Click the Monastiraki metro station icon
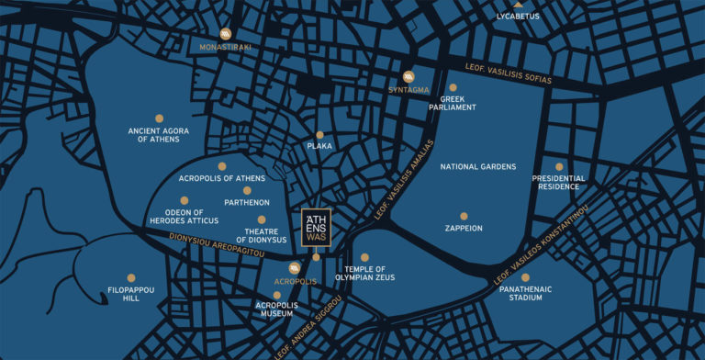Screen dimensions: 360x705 click(226, 34)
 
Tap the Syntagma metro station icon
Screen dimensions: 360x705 click(408, 77)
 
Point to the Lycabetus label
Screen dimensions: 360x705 click(518, 16)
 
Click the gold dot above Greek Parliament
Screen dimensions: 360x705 click(453, 87)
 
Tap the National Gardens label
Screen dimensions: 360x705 click(477, 167)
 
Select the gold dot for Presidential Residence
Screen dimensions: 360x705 click(559, 166)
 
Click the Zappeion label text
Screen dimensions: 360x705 click(464, 228)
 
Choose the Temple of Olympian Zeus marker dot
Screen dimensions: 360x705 click(364, 257)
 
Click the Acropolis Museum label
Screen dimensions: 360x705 click(277, 309)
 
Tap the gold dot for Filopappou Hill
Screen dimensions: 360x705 click(131, 277)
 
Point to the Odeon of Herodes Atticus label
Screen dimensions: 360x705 click(185, 216)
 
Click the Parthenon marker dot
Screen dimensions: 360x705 click(247, 190)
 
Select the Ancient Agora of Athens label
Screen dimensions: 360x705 click(159, 136)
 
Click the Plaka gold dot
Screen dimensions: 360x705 click(319, 135)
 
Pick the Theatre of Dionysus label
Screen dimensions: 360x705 click(262, 235)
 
